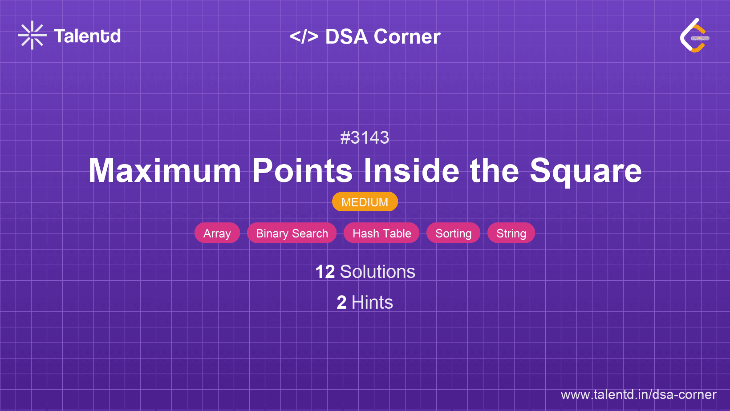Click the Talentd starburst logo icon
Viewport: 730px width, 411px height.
coord(32,35)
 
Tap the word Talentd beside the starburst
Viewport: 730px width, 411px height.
coord(87,36)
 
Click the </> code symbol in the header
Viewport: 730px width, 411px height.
coord(304,36)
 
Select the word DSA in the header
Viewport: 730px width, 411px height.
coord(346,36)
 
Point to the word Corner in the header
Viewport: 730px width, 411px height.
coord(407,36)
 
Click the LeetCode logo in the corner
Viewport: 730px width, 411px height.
coord(694,35)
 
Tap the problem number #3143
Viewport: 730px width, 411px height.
coord(365,137)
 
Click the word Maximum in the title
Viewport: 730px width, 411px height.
coord(165,171)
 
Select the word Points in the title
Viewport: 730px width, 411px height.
coord(302,171)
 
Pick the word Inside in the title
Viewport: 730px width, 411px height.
coord(411,171)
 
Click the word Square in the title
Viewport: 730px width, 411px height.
coord(585,171)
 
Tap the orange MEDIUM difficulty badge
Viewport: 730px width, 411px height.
coord(365,202)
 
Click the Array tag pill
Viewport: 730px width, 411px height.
coord(217,233)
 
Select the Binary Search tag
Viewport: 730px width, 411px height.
coord(292,233)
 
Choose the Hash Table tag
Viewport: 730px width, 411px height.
coord(381,233)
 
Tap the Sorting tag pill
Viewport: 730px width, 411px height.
coord(453,233)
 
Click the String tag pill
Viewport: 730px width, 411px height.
coord(511,233)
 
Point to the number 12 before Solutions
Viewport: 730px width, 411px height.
coord(325,272)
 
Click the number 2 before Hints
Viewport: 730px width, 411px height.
coord(341,302)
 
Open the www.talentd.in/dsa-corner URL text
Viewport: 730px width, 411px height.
coord(638,395)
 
